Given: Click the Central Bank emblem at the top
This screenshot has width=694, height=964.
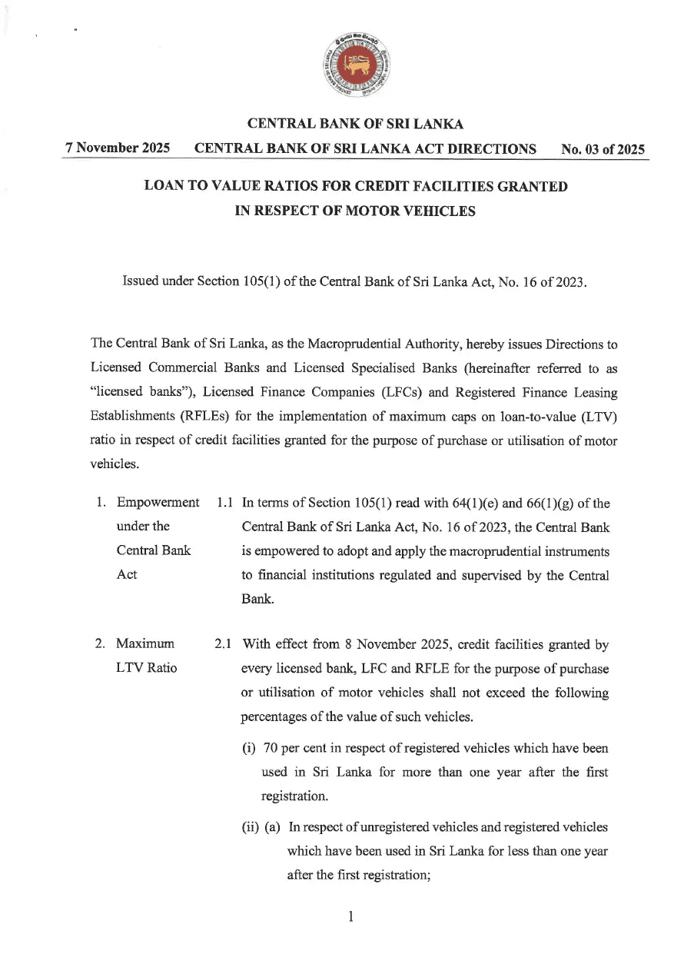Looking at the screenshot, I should pos(355,67).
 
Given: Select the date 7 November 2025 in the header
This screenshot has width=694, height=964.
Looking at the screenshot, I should pos(118,149).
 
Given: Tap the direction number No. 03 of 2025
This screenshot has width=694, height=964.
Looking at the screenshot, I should pos(603,150).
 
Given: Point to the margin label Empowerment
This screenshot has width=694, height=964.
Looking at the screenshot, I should pos(157,504).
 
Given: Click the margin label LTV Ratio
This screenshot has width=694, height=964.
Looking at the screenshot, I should pos(146,667).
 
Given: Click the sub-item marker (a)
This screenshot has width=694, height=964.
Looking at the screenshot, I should pos(274,827).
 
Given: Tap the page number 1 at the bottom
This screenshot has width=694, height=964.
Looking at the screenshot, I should pos(350,916).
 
